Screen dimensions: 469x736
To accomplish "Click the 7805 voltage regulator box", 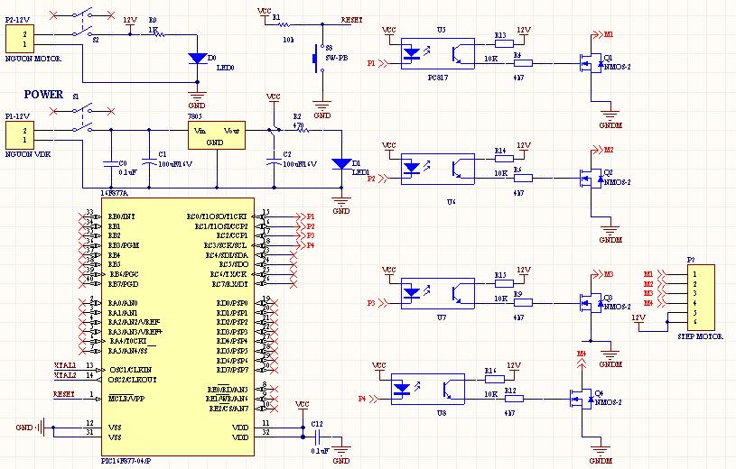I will [x=217, y=136].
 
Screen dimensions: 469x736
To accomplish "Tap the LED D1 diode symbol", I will [x=341, y=164].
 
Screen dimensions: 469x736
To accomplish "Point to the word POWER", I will [x=43, y=95].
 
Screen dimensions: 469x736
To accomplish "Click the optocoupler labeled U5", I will [x=440, y=55].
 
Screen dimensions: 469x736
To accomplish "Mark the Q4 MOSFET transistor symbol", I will [x=580, y=396].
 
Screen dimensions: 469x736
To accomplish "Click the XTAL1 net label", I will [x=66, y=365].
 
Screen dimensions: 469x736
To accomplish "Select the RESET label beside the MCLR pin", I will [x=65, y=394].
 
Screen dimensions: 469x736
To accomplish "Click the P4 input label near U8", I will [x=362, y=398].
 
